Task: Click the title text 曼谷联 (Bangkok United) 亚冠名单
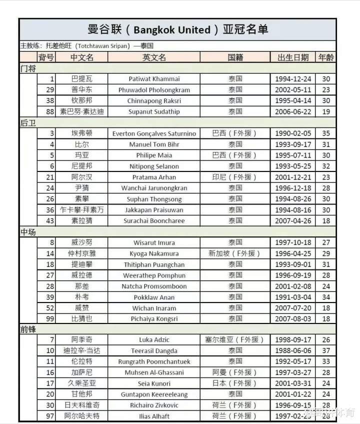[177, 29]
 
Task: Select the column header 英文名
[154, 57]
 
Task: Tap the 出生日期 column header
[293, 57]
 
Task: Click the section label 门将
[28, 68]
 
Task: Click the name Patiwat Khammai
[154, 79]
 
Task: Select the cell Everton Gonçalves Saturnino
[154, 133]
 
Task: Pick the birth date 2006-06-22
[293, 111]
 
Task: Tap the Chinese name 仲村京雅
[81, 253]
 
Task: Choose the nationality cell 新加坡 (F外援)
[235, 253]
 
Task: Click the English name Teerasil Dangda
[154, 351]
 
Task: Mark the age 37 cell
[326, 351]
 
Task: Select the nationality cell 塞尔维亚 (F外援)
[235, 340]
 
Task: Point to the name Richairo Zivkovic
[154, 405]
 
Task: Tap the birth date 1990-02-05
[293, 133]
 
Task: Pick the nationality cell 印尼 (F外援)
[235, 177]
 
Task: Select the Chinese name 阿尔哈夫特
[81, 416]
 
